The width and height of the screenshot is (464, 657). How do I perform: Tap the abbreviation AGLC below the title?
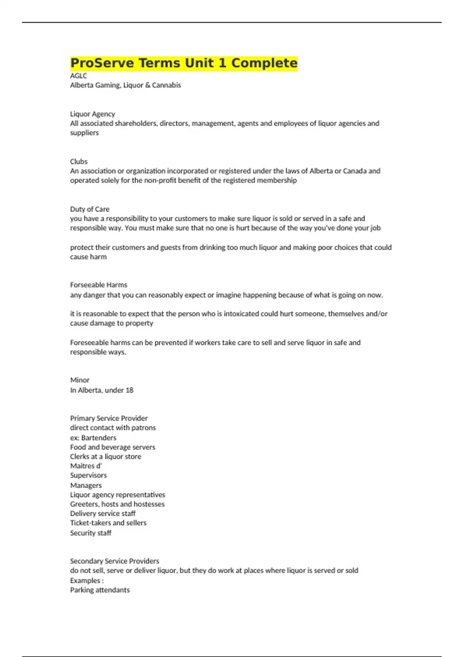78,76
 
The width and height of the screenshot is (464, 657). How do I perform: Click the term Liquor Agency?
92,114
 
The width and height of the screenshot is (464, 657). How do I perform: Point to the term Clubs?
79,162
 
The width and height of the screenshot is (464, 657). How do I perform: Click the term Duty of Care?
90,209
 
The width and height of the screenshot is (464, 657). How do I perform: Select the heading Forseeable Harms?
99,285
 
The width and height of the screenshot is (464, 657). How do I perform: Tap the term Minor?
80,380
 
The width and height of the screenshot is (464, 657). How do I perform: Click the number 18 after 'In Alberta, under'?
129,390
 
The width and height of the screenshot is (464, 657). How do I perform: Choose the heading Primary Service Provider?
109,418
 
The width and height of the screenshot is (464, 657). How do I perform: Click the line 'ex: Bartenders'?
93,437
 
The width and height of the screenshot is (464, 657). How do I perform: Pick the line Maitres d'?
86,466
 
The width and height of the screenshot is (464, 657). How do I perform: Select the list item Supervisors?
88,475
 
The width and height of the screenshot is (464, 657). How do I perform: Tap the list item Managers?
86,485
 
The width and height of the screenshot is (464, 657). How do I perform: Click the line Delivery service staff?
103,513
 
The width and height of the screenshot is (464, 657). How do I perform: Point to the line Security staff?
90,533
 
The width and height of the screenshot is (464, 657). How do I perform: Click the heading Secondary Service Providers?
114,561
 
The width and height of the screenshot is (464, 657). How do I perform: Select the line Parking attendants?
100,590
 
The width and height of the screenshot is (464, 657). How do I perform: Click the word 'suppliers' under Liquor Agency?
84,133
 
